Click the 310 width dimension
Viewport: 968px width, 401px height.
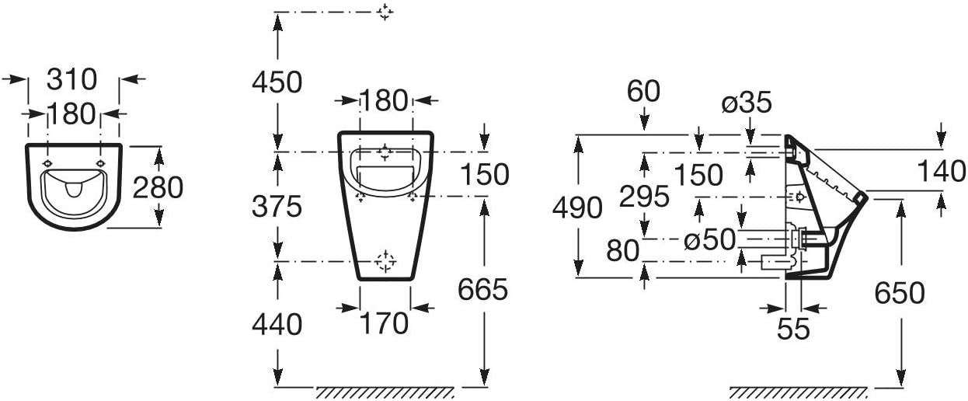pyautogui.click(x=71, y=79)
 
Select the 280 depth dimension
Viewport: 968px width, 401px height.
pyautogui.click(x=158, y=188)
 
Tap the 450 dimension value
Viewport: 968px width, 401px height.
pyautogui.click(x=277, y=82)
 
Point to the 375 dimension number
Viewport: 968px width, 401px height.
pyautogui.click(x=277, y=206)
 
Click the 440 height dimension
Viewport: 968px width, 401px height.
pyautogui.click(x=277, y=325)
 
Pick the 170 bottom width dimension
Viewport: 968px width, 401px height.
pyautogui.click(x=385, y=323)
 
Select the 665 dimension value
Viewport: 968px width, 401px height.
pyautogui.click(x=482, y=290)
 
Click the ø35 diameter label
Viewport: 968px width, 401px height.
pyautogui.click(x=747, y=103)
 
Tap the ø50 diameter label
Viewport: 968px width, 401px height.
pyautogui.click(x=709, y=239)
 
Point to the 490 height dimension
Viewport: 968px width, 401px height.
pyautogui.click(x=577, y=207)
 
